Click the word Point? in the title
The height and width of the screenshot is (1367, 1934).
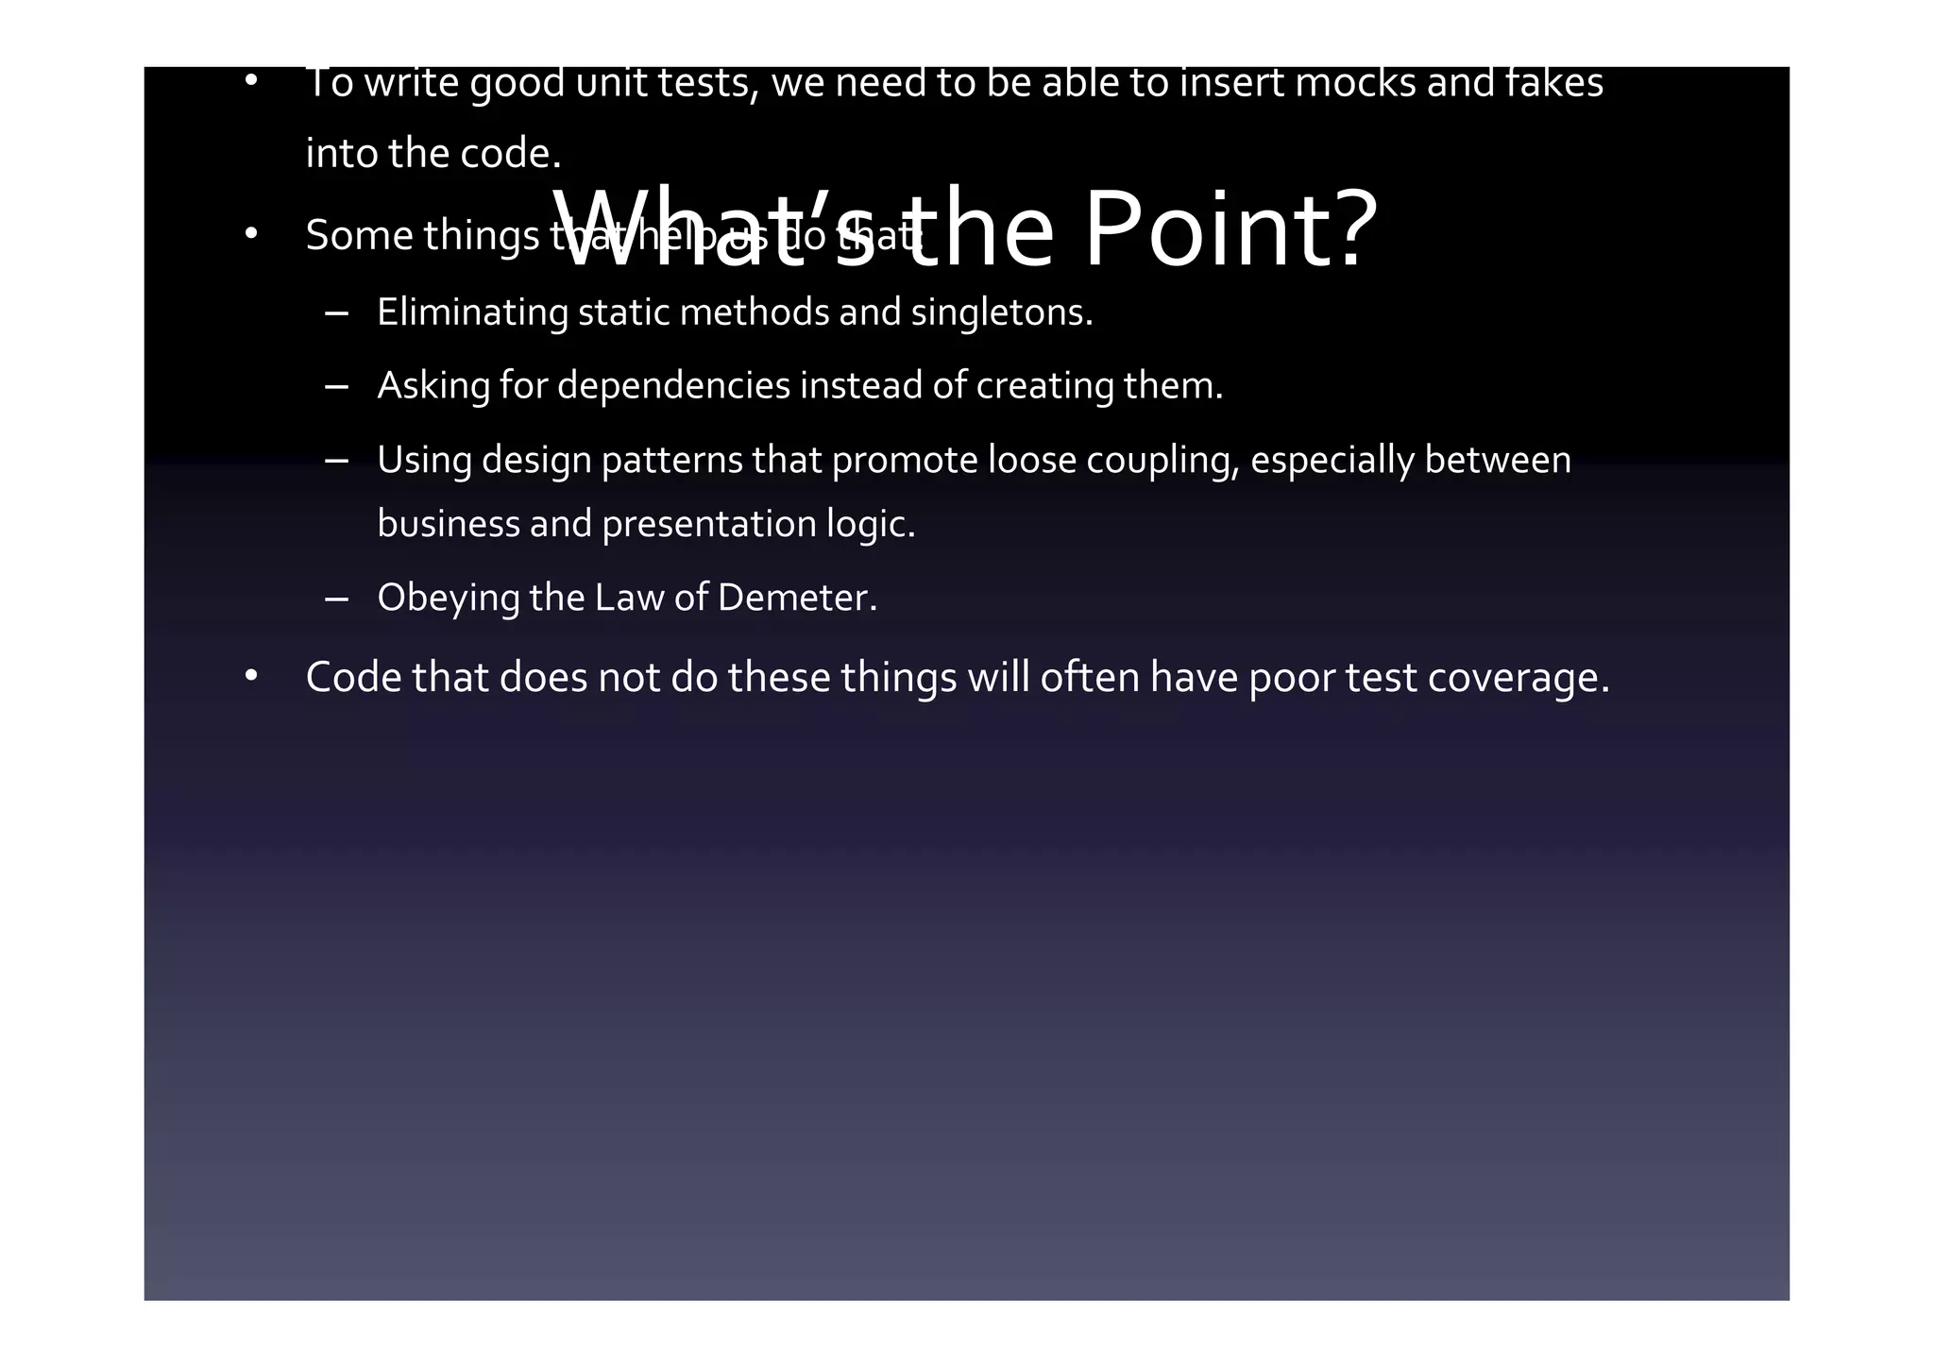[1231, 230]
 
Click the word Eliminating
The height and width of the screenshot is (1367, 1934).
[472, 312]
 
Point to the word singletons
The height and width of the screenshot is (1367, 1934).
[1001, 312]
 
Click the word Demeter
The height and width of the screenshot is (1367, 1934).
[797, 598]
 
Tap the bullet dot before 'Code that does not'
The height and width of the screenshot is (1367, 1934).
[250, 676]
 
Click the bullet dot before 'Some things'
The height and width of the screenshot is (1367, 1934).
[250, 233]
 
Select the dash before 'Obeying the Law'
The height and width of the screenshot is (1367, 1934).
[336, 599]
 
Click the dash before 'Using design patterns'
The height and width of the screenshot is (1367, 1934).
[336, 461]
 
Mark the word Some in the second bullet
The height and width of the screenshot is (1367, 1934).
[359, 236]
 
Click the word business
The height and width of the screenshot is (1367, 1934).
[449, 524]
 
